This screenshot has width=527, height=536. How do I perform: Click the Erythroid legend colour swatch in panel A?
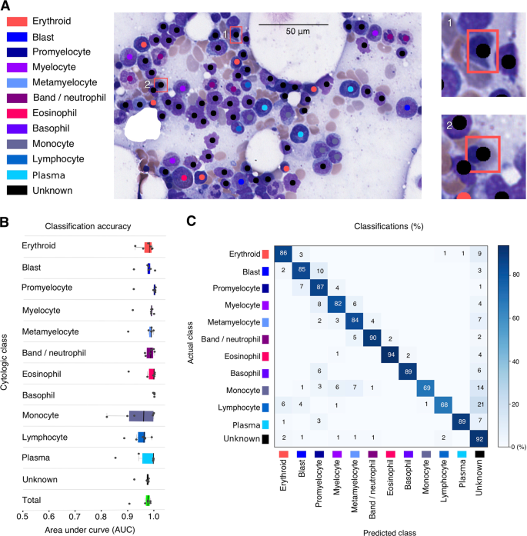18,20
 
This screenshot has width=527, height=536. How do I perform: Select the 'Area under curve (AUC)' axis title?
88,529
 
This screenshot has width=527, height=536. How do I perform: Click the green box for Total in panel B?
147,501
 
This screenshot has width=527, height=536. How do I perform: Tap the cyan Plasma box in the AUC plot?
148,458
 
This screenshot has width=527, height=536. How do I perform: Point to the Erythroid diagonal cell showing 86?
282,253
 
